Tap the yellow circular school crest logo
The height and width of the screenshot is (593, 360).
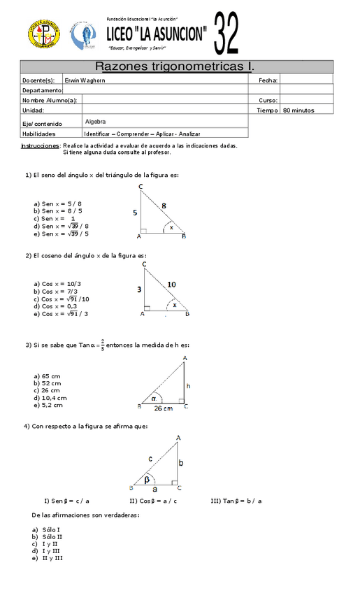click(x=43, y=35)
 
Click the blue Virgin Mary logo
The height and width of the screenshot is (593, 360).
click(x=83, y=36)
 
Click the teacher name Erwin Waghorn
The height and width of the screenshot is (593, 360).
click(x=84, y=80)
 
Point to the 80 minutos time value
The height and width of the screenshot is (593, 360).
click(x=298, y=110)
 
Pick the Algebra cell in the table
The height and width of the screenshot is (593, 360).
click(x=95, y=121)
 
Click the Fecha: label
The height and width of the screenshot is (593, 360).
click(x=268, y=80)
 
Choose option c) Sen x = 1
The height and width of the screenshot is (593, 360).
click(x=55, y=219)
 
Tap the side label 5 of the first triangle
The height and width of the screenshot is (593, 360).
click(x=134, y=211)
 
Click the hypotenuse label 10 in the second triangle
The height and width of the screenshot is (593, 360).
click(x=172, y=284)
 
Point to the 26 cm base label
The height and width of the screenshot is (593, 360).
click(x=164, y=408)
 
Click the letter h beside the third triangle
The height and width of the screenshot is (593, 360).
click(x=188, y=385)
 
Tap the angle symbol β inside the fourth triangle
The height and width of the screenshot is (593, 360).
click(x=147, y=480)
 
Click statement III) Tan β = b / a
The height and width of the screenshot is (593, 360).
click(x=236, y=501)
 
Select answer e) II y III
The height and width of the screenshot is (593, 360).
click(x=48, y=557)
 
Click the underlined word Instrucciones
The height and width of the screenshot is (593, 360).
click(x=40, y=146)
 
